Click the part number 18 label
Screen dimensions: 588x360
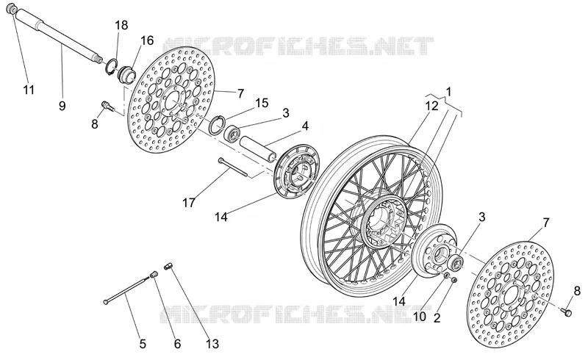point(121,25)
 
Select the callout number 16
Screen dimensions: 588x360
point(147,40)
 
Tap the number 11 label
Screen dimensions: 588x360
point(29,90)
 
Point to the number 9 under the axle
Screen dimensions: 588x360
point(62,106)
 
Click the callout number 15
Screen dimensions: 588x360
point(262,103)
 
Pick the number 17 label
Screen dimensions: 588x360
point(189,203)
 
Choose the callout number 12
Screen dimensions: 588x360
point(431,106)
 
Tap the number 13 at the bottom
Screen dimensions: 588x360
point(212,344)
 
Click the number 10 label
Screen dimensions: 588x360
point(420,317)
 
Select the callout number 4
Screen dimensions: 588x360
point(305,126)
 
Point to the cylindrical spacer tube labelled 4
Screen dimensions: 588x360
point(259,149)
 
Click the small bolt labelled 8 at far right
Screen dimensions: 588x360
point(566,312)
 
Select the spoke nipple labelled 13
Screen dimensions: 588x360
point(168,266)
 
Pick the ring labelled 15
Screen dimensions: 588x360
point(217,125)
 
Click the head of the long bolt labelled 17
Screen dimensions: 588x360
point(220,160)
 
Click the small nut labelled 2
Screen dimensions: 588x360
point(453,280)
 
